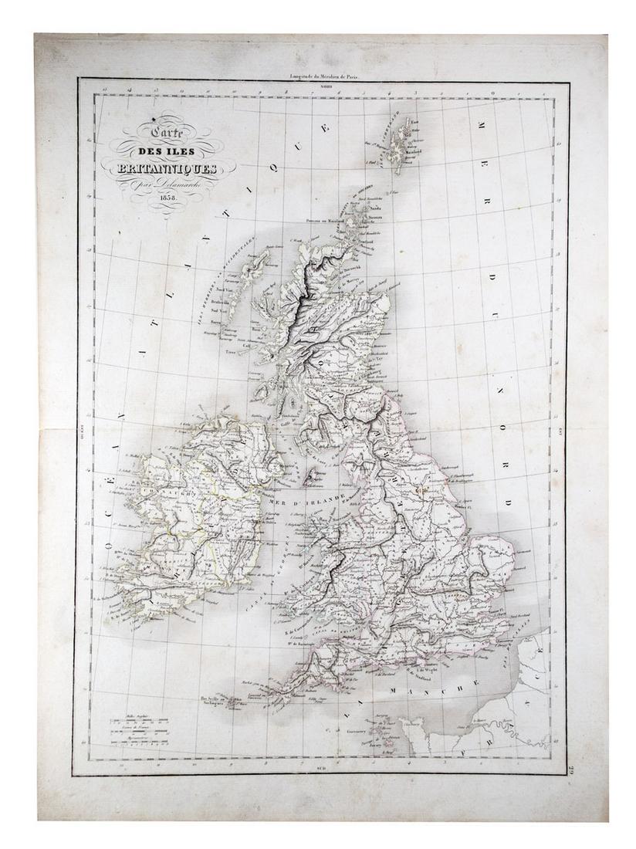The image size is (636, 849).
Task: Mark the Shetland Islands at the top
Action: (404, 143)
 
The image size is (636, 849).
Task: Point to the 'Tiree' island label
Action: (230, 349)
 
